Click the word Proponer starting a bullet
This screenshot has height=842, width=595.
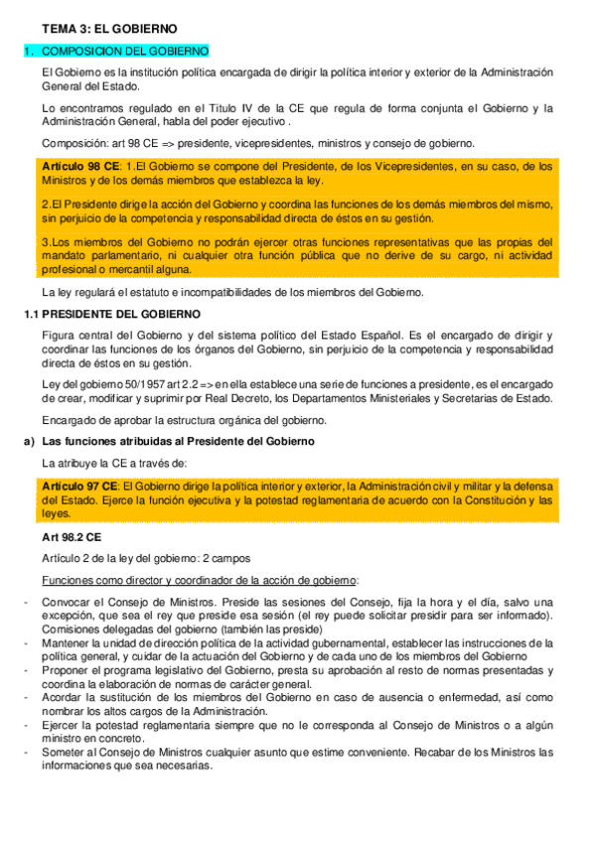(67, 672)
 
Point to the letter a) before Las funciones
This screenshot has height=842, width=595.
(28, 441)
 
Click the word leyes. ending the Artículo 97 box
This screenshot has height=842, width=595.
(58, 514)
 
